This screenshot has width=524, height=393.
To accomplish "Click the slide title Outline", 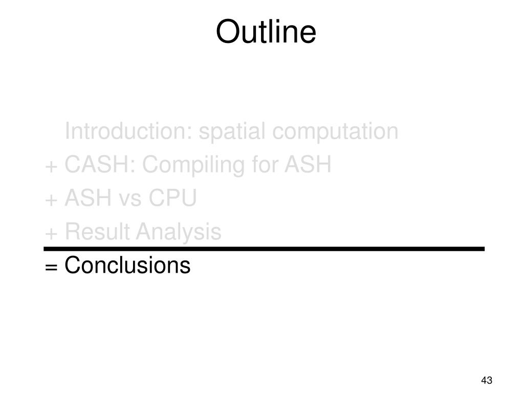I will click(266, 32).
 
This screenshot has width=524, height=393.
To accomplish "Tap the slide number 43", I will click(487, 380).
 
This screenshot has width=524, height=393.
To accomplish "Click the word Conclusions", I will click(127, 266).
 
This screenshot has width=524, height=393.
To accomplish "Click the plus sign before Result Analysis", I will click(51, 233).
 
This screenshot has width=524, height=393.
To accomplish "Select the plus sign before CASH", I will click(51, 166).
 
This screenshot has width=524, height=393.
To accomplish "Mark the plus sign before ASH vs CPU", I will click(51, 200).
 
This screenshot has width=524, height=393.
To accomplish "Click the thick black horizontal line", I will click(264, 249).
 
